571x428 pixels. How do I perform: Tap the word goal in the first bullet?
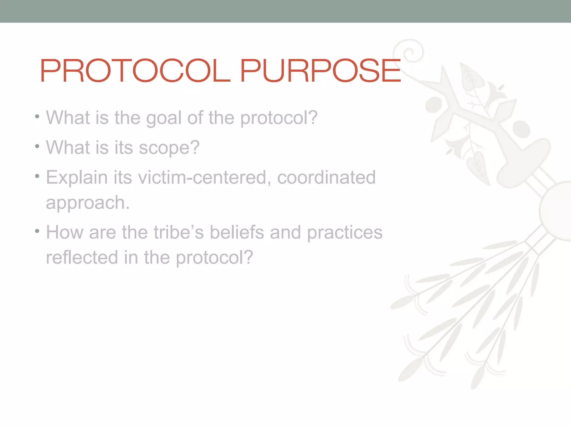[x=164, y=118]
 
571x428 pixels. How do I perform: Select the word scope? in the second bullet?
[x=169, y=148]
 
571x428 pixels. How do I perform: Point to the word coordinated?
[x=326, y=177]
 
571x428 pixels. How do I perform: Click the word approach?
[x=88, y=203]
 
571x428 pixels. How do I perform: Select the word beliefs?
[x=236, y=232]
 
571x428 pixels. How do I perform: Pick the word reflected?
[x=82, y=257]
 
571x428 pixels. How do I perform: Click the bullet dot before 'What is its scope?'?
[x=37, y=146]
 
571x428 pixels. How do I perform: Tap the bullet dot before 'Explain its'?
[x=37, y=176]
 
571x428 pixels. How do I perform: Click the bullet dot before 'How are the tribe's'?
[x=37, y=231]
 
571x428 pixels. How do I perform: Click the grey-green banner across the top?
[x=285, y=11]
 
